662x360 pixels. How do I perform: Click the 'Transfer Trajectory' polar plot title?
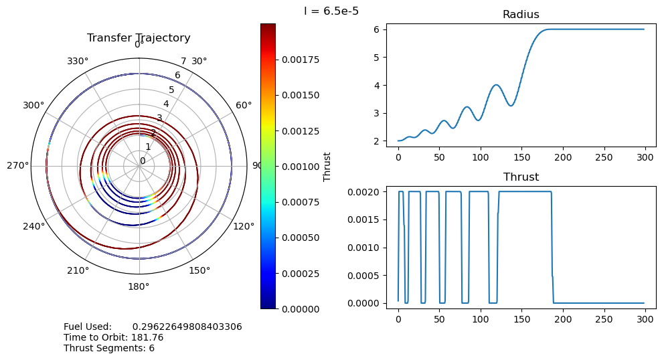click(139, 38)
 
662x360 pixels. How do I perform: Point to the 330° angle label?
click(78, 62)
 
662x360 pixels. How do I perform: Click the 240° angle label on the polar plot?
click(33, 226)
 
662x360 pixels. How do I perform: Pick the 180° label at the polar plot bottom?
click(139, 287)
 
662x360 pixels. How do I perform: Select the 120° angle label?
click(244, 226)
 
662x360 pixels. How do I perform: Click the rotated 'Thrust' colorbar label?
click(327, 166)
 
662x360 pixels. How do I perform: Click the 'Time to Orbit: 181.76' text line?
click(113, 337)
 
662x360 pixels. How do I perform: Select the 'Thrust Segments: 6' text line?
click(109, 348)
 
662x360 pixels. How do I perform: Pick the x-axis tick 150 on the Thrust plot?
click(521, 319)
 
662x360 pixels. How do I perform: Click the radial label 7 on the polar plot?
click(183, 62)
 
